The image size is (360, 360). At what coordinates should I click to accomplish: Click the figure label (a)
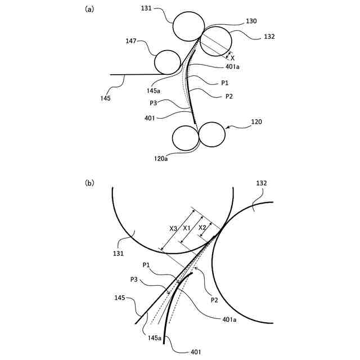point(89,10)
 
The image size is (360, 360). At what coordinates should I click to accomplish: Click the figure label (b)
point(89,183)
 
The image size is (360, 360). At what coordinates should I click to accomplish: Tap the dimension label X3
point(174,228)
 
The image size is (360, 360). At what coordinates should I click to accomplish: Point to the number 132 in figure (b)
point(261,183)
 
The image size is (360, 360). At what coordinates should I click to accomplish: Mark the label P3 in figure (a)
point(154,103)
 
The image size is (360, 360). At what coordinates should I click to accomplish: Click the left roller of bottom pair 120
point(185,138)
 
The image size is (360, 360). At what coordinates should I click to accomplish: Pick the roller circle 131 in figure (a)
point(188,27)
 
